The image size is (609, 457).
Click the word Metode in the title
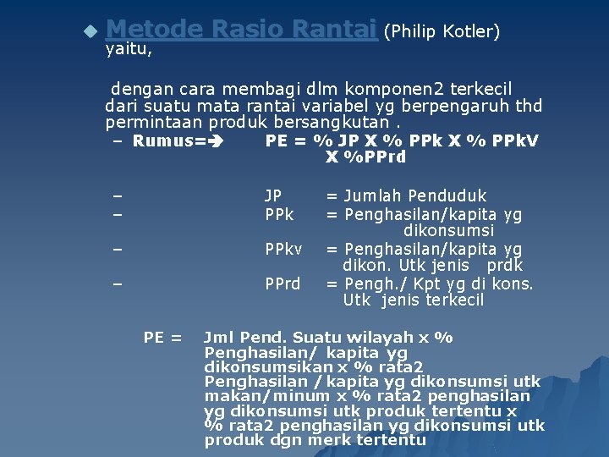155,30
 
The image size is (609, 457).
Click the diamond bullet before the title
91,32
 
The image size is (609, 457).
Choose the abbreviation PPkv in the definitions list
283,250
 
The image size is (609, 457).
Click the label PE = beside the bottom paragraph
163,338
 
